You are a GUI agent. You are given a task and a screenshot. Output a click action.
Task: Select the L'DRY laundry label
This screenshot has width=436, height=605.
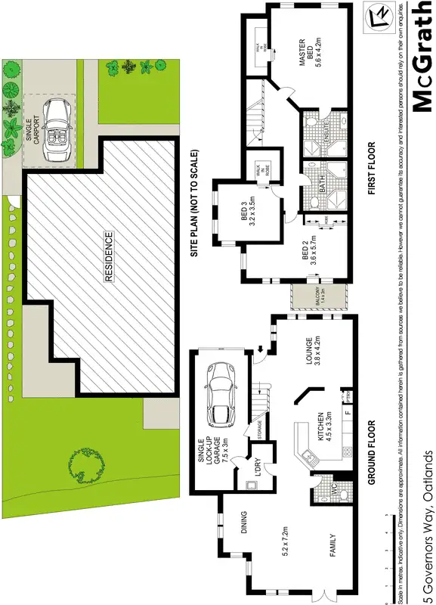[256, 469]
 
